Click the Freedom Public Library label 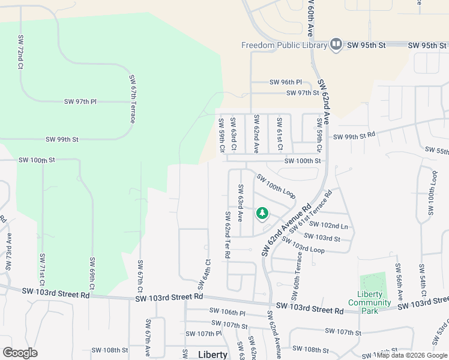[x=283, y=45]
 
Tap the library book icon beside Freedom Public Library [x=336, y=44]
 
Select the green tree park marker [x=262, y=213]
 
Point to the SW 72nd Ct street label [x=20, y=51]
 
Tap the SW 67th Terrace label [x=132, y=99]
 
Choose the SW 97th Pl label [x=80, y=102]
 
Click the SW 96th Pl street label [x=286, y=82]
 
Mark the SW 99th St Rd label [x=354, y=137]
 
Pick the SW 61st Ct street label [x=280, y=134]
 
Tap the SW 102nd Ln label [x=335, y=226]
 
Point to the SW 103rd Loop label [x=303, y=245]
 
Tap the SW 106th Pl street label [x=228, y=312]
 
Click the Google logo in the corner [x=20, y=353]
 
